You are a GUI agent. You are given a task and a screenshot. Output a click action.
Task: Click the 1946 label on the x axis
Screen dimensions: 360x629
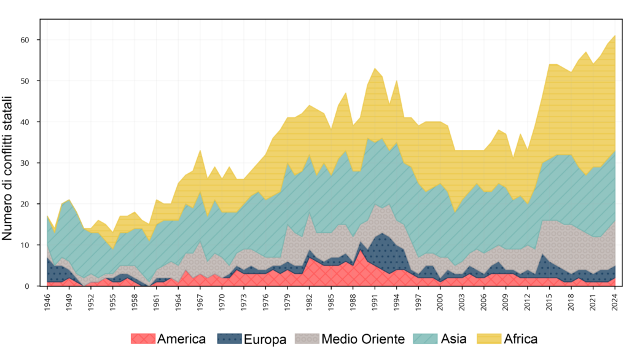(x=48, y=302)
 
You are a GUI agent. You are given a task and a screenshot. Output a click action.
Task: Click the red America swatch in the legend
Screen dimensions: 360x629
(x=143, y=338)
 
